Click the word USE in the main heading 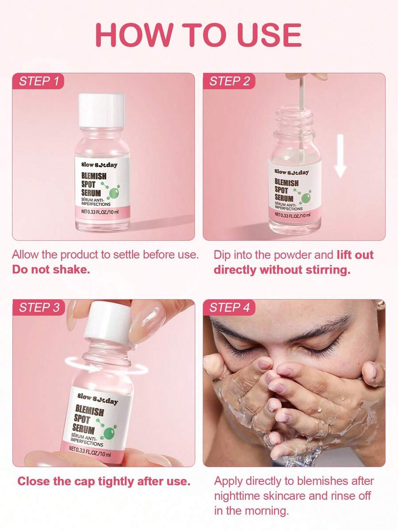click(x=269, y=35)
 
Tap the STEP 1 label click(x=38, y=81)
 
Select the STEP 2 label click(x=229, y=81)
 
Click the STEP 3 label click(x=39, y=307)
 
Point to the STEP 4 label click(x=229, y=307)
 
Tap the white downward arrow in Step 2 click(x=341, y=155)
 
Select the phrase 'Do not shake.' click(x=51, y=270)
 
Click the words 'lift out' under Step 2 click(x=355, y=255)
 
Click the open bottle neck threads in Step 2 click(x=294, y=117)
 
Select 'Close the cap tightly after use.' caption click(x=104, y=481)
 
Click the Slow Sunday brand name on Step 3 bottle click(x=98, y=398)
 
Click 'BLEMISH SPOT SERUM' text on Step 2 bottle click(x=287, y=190)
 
